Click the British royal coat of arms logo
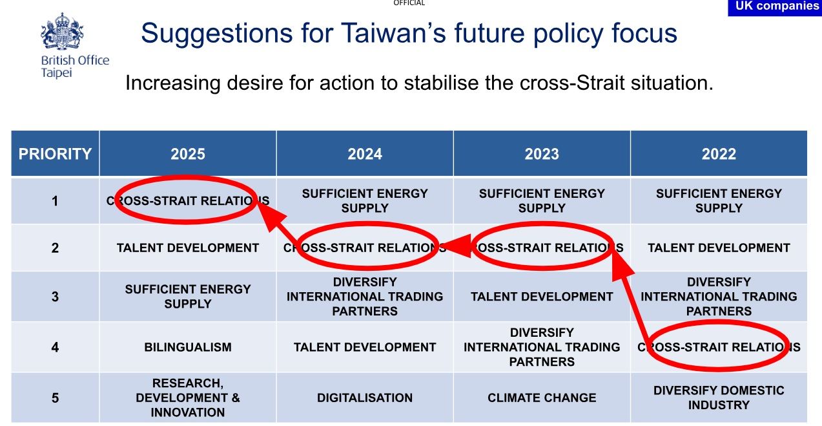(x=62, y=31)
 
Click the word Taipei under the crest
(x=56, y=72)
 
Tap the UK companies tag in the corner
(x=775, y=7)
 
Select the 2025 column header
(x=187, y=154)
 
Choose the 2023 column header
(x=542, y=154)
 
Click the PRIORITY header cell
(x=55, y=154)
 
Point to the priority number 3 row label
(x=55, y=297)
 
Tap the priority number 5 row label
(x=55, y=398)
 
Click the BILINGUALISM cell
(x=187, y=347)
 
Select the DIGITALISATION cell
(x=365, y=398)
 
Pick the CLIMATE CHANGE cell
(x=542, y=398)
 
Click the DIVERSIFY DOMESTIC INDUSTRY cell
(x=719, y=398)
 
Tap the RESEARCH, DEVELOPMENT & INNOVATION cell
(x=187, y=398)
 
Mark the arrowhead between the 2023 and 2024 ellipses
(x=456, y=246)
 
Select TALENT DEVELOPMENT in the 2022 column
(x=719, y=248)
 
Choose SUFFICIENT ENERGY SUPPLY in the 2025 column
(x=187, y=297)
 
